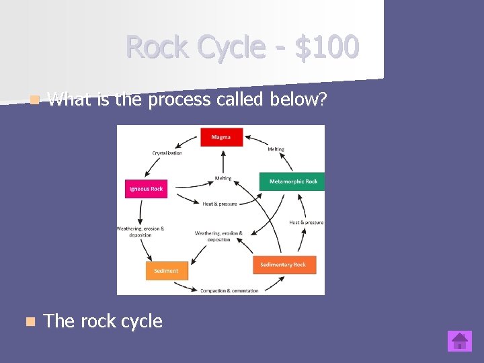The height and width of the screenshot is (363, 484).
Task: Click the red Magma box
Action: [x=220, y=137]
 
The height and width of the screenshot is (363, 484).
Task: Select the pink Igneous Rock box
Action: [x=146, y=189]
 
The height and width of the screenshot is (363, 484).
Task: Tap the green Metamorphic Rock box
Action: [x=292, y=182]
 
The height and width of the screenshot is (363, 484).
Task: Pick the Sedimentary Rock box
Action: [x=283, y=265]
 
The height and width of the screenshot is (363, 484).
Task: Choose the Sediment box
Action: [x=166, y=271]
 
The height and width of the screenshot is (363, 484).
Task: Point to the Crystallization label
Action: [x=167, y=153]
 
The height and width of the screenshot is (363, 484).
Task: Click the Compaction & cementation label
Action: [x=229, y=290]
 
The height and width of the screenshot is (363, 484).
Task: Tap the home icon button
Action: [x=460, y=341]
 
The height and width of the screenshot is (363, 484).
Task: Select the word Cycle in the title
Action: [x=228, y=47]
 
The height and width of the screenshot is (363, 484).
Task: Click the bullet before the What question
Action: [x=34, y=101]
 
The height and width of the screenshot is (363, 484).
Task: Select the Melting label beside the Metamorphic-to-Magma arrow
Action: [x=276, y=149]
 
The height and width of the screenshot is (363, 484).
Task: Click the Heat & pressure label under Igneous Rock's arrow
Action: [x=219, y=204]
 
